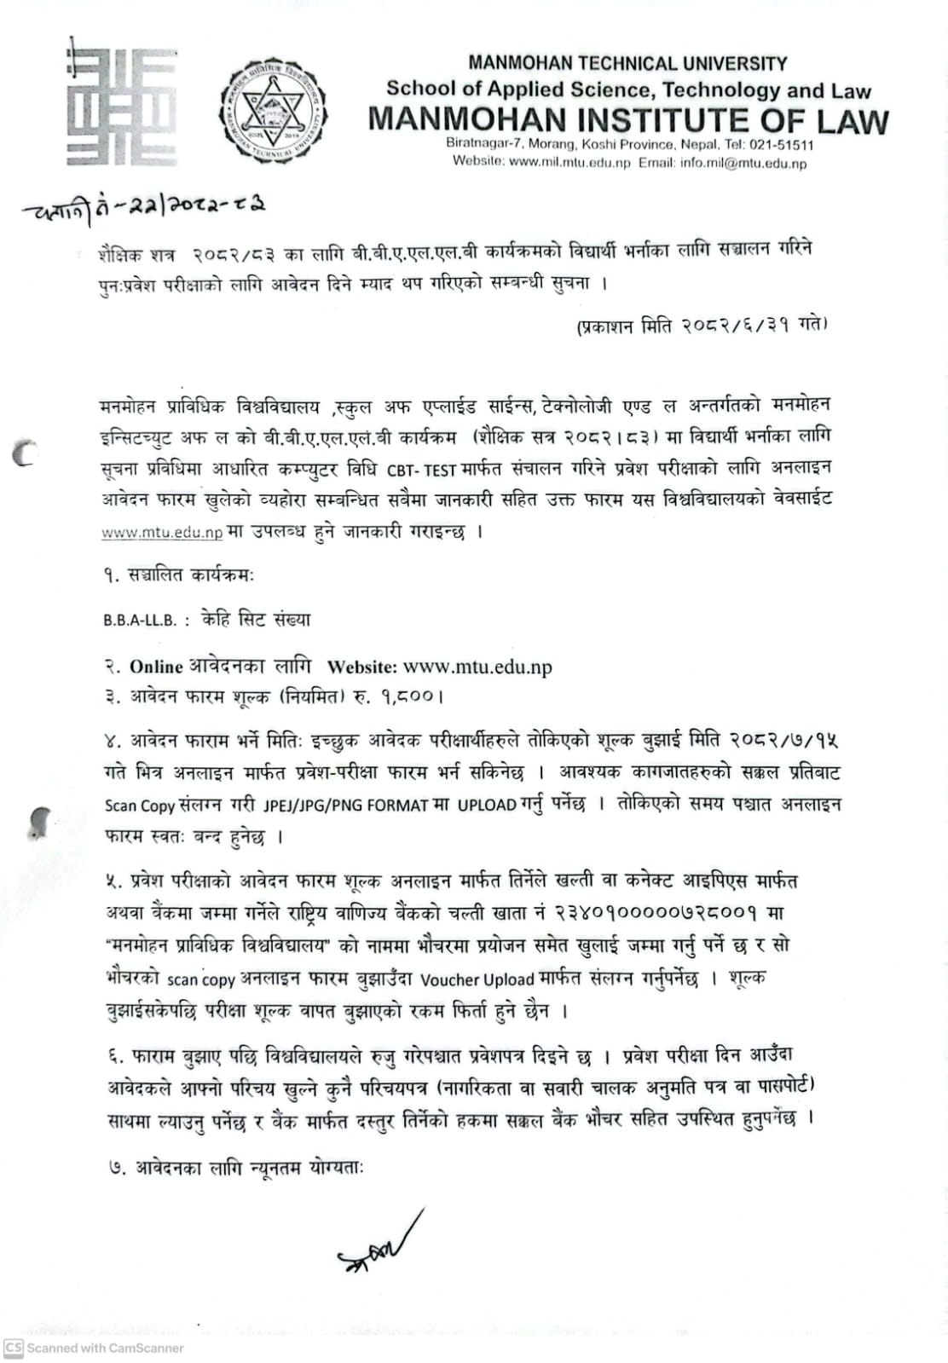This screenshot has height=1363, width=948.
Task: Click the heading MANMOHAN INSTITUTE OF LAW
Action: tap(628, 121)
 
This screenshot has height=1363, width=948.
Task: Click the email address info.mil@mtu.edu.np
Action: tap(743, 162)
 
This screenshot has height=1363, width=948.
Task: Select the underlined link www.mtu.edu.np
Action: tap(162, 533)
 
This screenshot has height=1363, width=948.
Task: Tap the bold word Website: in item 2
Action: tap(361, 667)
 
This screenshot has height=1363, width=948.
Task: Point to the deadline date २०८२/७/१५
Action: tap(784, 739)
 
